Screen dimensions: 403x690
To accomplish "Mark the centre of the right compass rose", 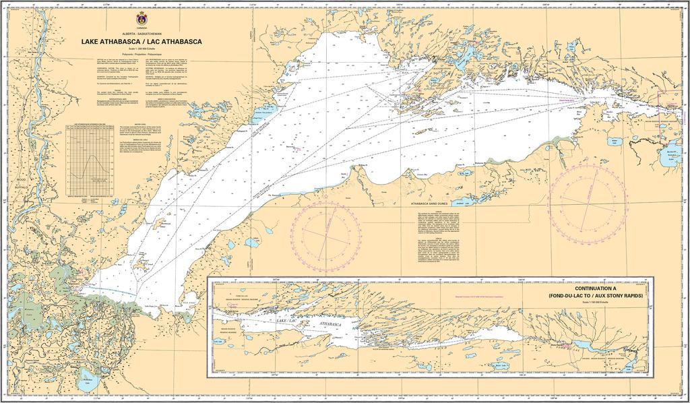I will tap(582, 198).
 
